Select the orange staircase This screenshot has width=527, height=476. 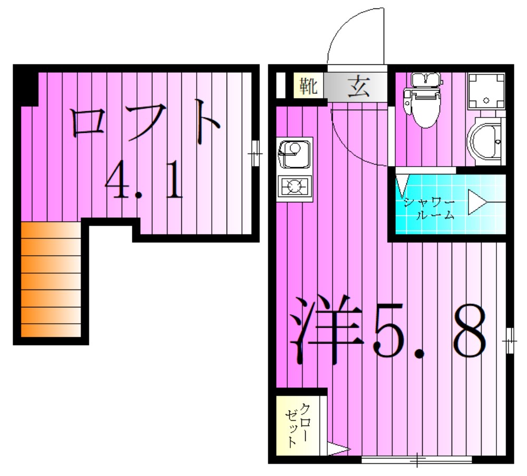pyautogui.click(x=51, y=279)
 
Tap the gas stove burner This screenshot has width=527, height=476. pyautogui.click(x=295, y=186)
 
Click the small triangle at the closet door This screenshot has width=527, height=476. pyautogui.click(x=338, y=450)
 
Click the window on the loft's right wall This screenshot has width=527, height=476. pyautogui.click(x=256, y=153)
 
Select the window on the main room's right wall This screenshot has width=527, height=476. pyautogui.click(x=509, y=341)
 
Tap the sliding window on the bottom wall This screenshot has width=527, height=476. pyautogui.click(x=416, y=460)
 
